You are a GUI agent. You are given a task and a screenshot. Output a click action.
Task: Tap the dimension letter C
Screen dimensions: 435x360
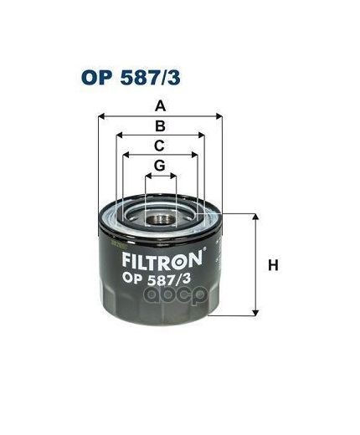(160, 145)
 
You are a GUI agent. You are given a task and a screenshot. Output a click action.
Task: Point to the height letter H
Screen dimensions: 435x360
(271, 266)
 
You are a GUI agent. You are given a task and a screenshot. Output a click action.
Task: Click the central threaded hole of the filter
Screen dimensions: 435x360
(161, 219)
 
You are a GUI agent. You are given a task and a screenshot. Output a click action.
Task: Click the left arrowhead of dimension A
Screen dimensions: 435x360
(101, 115)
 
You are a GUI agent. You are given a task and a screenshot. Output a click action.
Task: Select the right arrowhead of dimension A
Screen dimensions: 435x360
(221, 115)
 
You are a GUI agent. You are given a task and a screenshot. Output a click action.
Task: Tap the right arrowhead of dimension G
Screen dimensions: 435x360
(173, 176)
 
